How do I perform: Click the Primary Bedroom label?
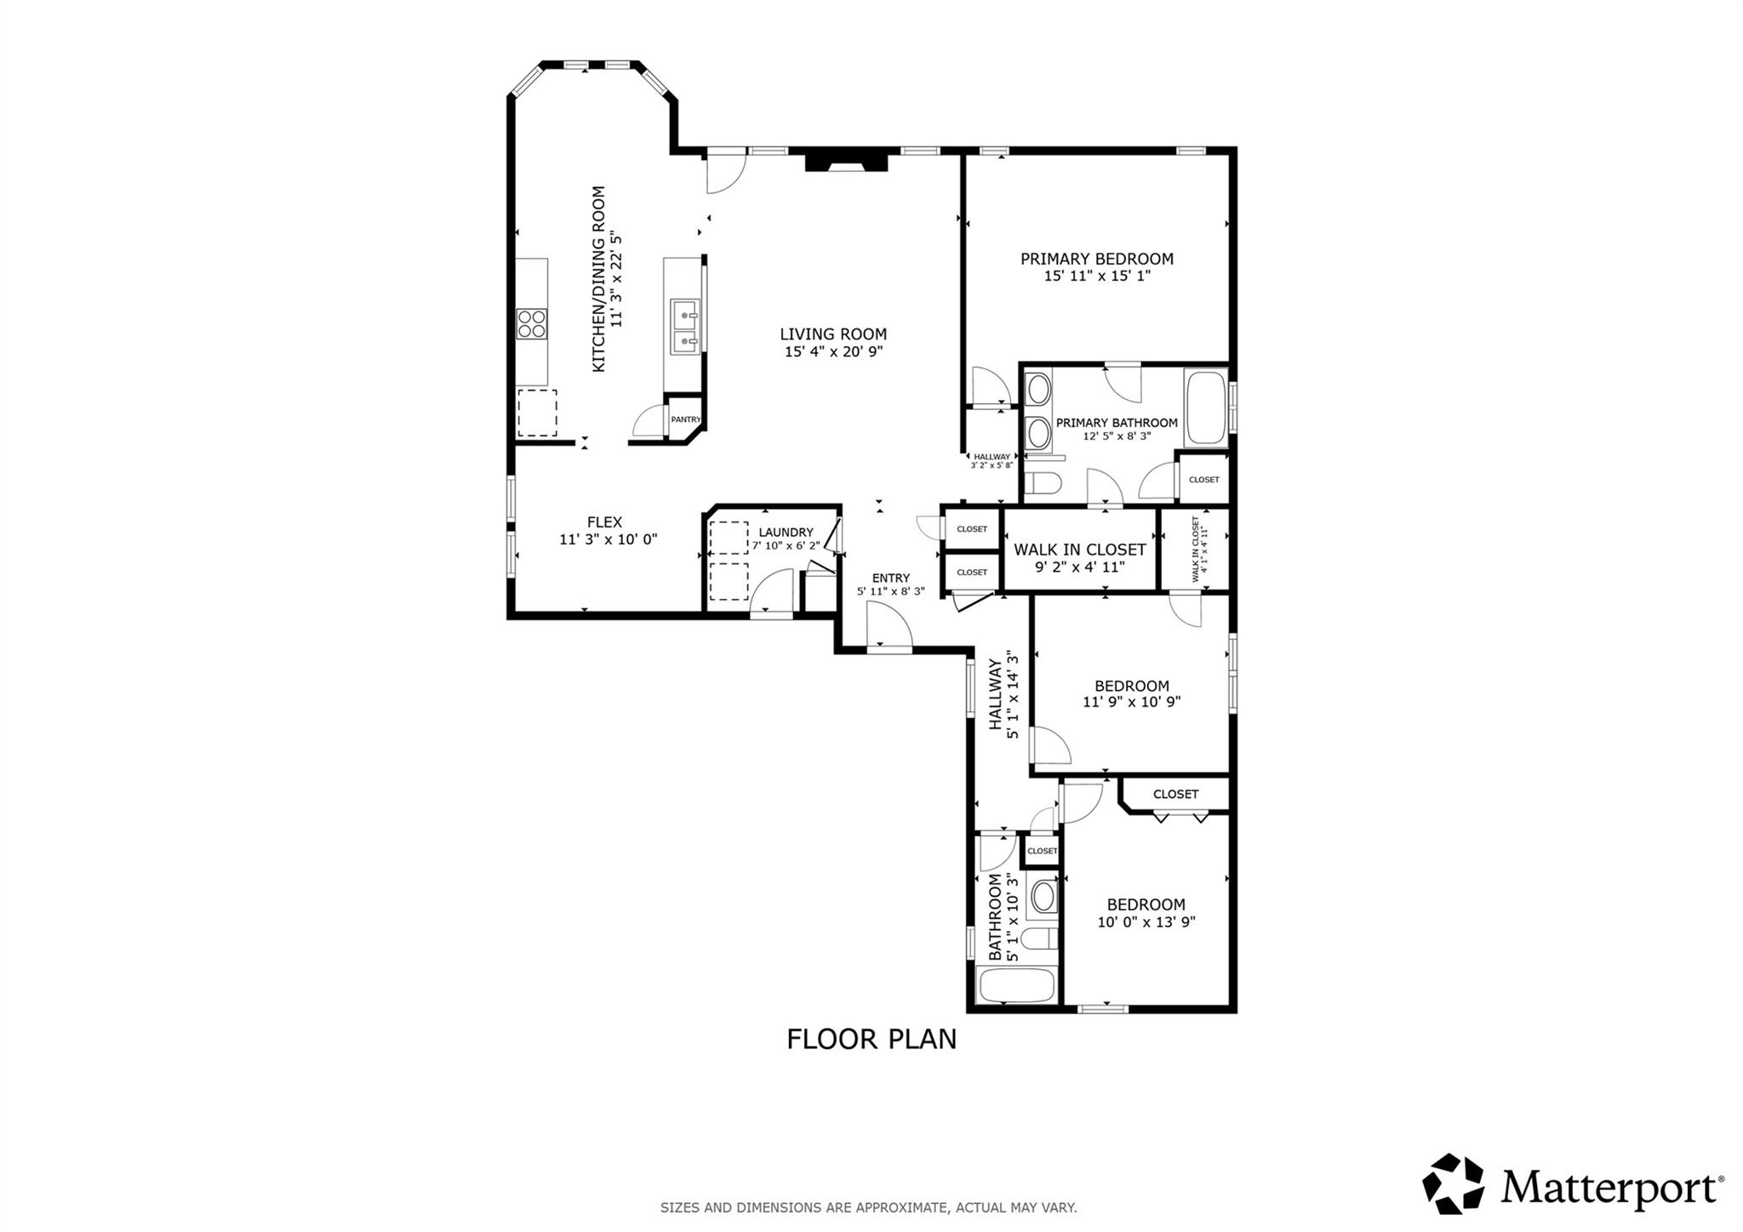tap(1096, 259)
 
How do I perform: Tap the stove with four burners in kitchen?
tap(532, 324)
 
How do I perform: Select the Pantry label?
tap(685, 419)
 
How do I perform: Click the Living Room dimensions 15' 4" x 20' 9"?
tap(833, 351)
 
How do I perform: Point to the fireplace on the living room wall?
tap(846, 161)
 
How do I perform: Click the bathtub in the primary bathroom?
tap(1206, 408)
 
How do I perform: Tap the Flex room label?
tap(604, 522)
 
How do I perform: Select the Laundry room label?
tap(786, 533)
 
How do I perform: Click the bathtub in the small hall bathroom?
tap(1016, 986)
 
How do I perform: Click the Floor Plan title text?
tap(871, 1040)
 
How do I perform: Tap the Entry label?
tap(890, 578)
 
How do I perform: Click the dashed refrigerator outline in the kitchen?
tap(537, 413)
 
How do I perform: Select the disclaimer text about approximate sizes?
tap(868, 1206)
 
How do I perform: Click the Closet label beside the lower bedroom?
tap(1175, 794)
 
